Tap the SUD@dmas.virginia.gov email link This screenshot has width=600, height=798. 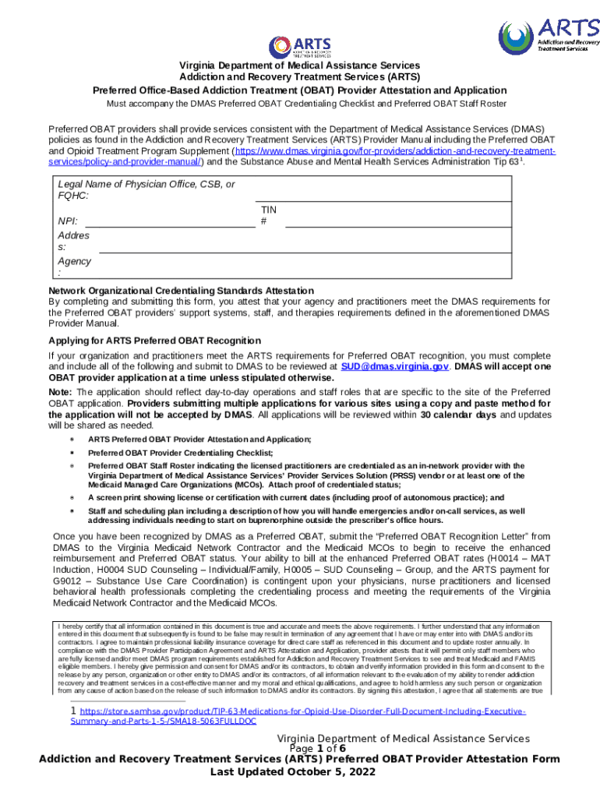(x=394, y=365)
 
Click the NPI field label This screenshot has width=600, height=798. (x=68, y=221)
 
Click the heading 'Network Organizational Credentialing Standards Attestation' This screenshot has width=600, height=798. (x=181, y=291)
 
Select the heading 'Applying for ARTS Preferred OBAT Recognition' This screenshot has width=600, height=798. (x=154, y=341)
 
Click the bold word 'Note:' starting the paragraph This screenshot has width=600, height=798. (x=60, y=393)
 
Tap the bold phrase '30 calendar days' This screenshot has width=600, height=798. (x=458, y=415)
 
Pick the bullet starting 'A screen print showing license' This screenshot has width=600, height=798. (x=296, y=497)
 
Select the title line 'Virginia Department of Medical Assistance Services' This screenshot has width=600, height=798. (x=300, y=65)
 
